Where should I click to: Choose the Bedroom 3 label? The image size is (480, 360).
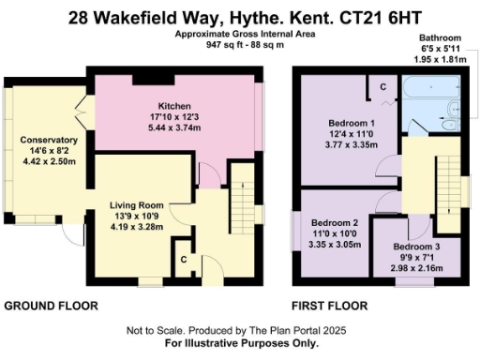pos(400,246)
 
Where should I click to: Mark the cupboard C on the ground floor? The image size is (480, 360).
pos(184,256)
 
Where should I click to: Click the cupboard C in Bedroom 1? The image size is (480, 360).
pos(385,87)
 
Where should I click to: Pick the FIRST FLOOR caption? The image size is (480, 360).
pos(330,307)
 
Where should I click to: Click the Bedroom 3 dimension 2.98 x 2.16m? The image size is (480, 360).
pos(400,268)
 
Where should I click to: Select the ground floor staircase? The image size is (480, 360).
pos(242,192)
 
